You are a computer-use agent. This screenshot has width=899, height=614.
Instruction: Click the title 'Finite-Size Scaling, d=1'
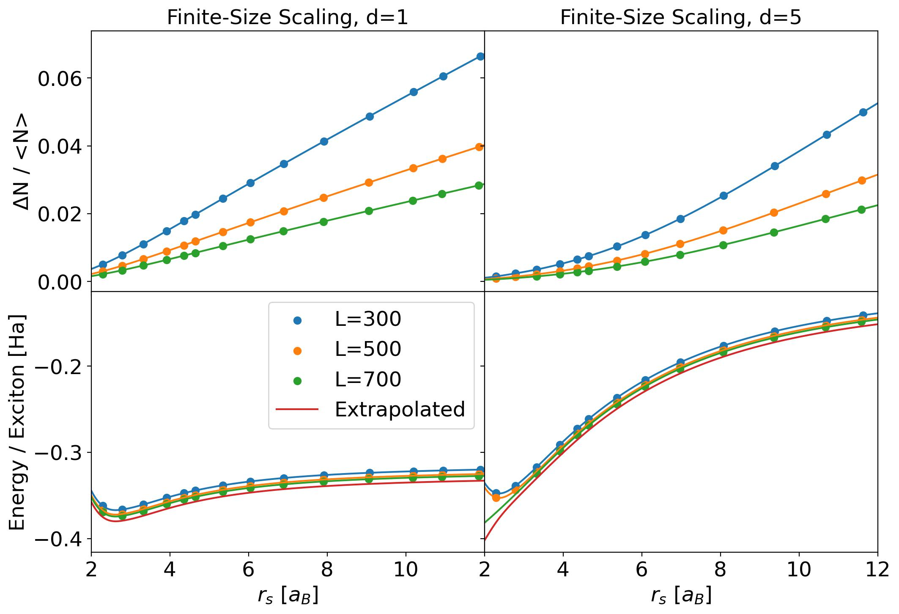(x=288, y=18)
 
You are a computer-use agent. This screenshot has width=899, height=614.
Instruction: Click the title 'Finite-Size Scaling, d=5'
(x=681, y=18)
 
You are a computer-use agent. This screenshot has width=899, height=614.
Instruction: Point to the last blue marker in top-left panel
(x=480, y=56)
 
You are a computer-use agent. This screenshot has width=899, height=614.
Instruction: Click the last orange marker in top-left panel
(x=479, y=147)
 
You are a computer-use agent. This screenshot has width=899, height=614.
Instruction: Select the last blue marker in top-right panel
(x=863, y=112)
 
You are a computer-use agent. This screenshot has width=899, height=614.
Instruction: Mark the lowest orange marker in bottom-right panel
(x=496, y=498)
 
